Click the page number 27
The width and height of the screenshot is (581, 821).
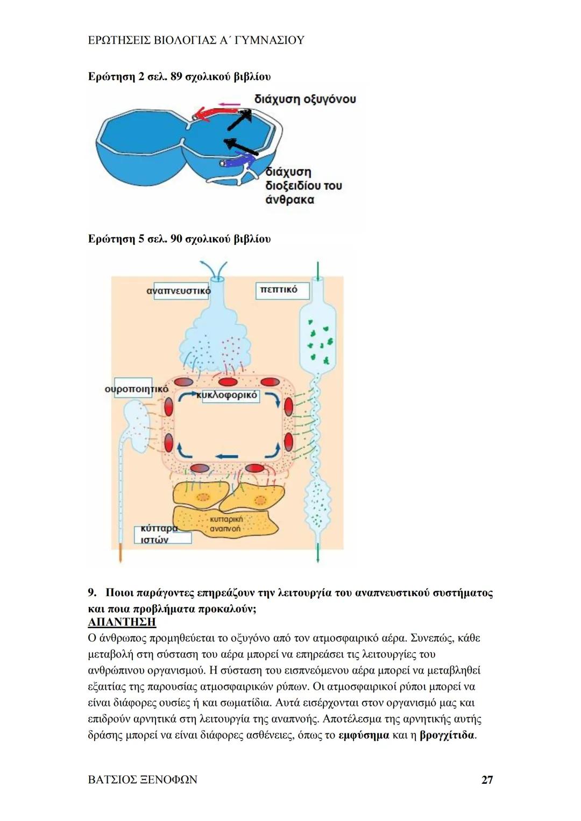point(487,780)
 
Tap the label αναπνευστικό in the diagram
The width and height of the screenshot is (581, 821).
point(178,291)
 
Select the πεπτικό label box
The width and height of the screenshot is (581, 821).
point(279,290)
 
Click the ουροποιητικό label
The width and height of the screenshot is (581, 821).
point(136,388)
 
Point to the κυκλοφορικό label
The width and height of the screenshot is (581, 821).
point(228,395)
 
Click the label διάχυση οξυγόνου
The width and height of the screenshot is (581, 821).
point(305,99)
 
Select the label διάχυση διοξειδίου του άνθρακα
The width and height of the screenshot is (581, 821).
point(304,186)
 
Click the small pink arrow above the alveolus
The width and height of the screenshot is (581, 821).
point(229,103)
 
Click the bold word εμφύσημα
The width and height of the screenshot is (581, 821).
point(364,735)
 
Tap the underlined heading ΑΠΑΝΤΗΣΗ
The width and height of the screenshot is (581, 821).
point(122,622)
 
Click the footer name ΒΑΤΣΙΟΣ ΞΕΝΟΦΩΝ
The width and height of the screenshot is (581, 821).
point(143,780)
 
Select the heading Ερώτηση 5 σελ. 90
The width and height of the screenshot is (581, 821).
point(179,239)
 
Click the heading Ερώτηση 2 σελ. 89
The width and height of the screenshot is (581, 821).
point(179,77)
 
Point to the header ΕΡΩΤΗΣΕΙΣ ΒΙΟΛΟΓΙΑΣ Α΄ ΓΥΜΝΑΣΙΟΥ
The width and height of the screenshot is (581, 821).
point(196,40)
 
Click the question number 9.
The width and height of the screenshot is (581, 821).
point(92,593)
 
